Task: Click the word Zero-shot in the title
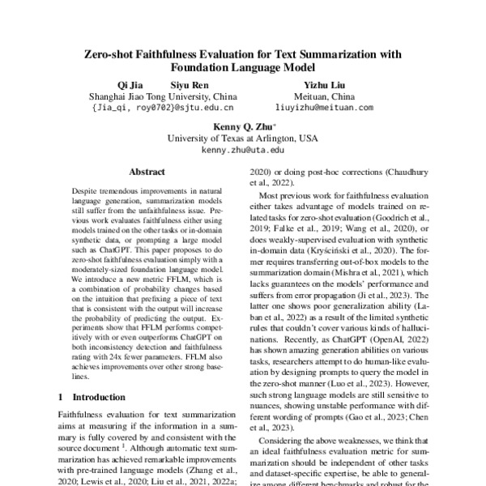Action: tap(113, 54)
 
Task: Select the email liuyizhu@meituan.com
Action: tap(323, 106)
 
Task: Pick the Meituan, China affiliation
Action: tap(323, 95)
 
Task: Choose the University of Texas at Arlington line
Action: tap(242, 139)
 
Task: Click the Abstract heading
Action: tap(147, 173)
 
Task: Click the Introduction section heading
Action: tap(101, 398)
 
